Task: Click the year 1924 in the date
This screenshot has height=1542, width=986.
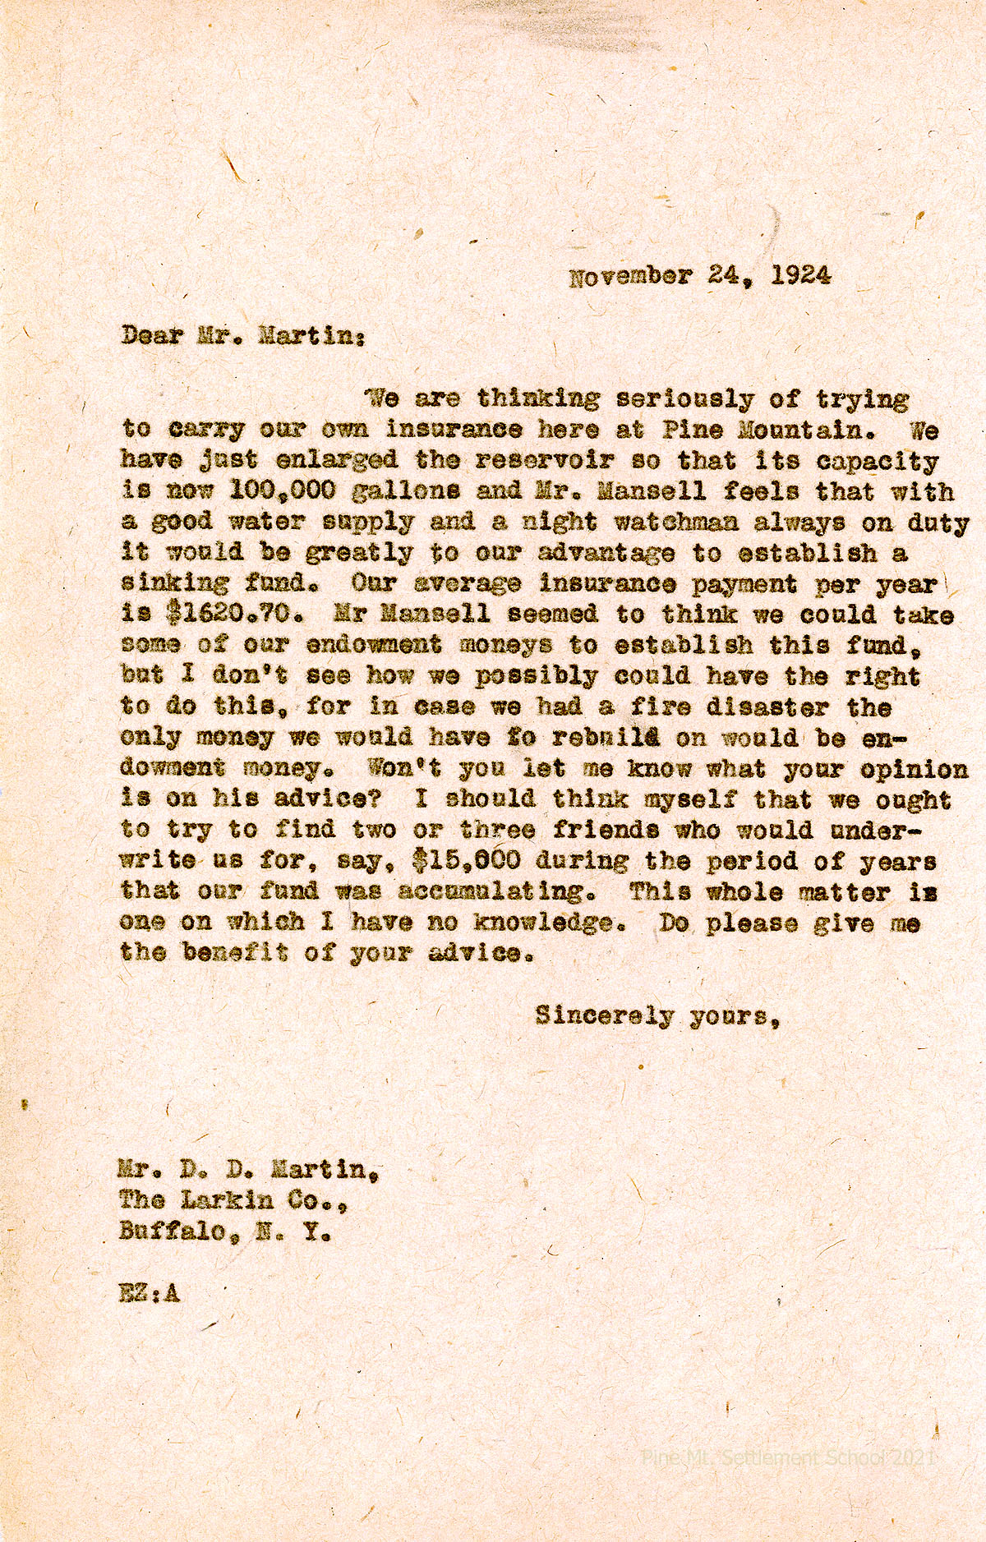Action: (801, 275)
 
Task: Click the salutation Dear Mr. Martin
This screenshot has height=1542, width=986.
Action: (240, 336)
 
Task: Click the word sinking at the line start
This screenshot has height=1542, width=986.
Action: (175, 584)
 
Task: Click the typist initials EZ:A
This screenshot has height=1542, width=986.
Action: (149, 1292)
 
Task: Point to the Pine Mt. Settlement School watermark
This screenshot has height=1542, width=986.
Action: (788, 1457)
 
